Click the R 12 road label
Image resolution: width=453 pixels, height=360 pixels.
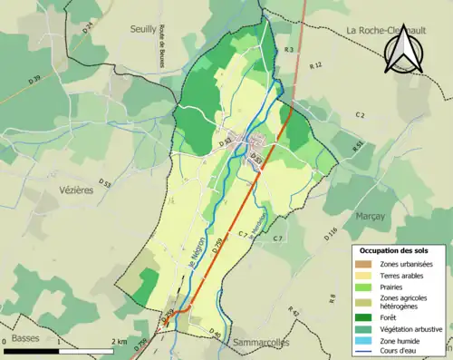(x=315, y=66)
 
